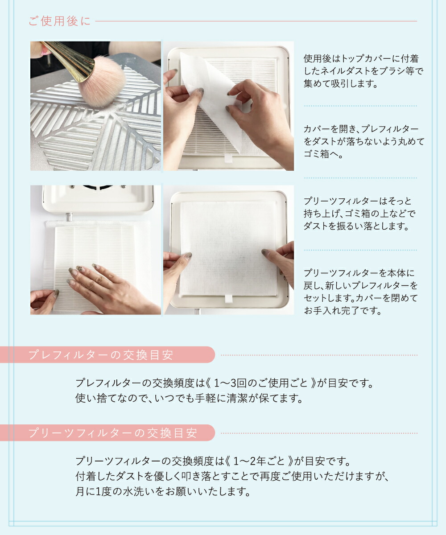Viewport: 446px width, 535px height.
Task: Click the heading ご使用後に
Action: pos(59,21)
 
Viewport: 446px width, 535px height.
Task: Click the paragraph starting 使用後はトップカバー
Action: pos(363,71)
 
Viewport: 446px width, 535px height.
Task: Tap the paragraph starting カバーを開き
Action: pos(363,141)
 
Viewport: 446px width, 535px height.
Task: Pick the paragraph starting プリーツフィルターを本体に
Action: pos(361,292)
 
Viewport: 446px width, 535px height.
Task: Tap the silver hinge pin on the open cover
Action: pos(69,217)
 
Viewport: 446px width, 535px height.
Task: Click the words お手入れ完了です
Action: pos(343,311)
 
